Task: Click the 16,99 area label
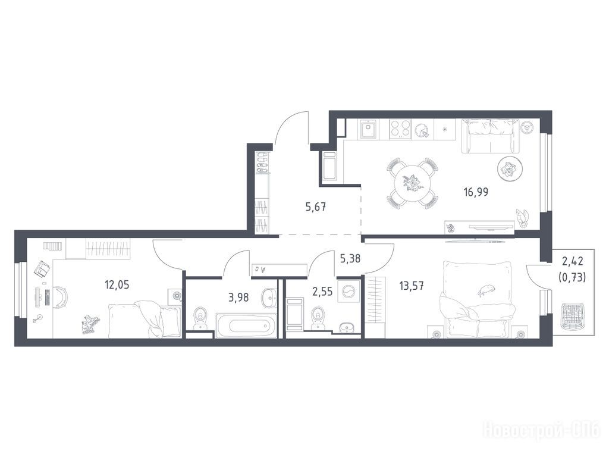click(x=476, y=192)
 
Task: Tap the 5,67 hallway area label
click(x=315, y=207)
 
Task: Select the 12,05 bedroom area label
click(x=117, y=285)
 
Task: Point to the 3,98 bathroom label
click(x=238, y=298)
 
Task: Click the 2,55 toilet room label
click(x=322, y=292)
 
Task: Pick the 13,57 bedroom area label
click(x=412, y=286)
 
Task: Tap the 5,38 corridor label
click(x=350, y=258)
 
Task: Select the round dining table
click(x=413, y=183)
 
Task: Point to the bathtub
click(x=246, y=325)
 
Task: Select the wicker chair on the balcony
click(x=572, y=317)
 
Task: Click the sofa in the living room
click(x=490, y=136)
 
